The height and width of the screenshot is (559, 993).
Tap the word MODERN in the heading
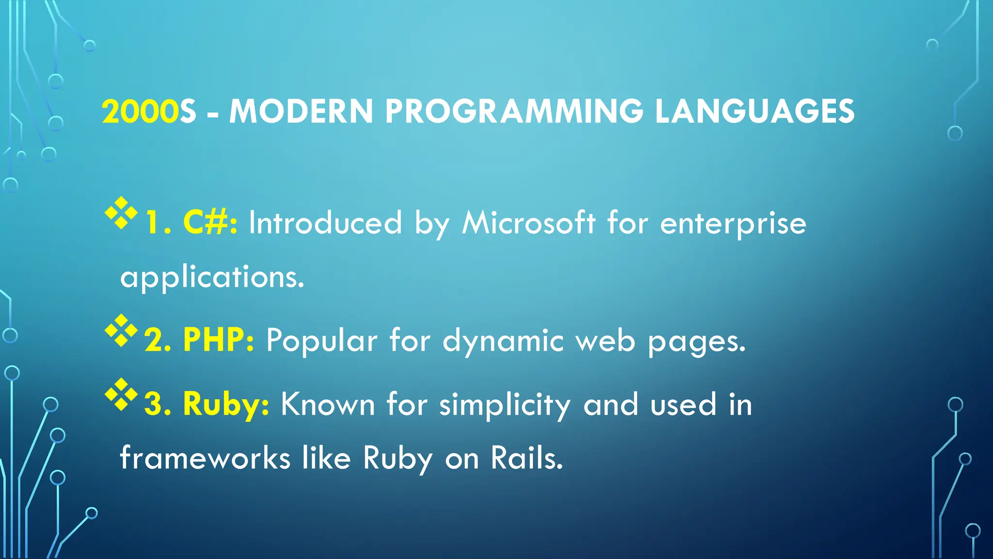coord(301,112)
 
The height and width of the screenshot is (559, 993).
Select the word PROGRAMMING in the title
coord(514,112)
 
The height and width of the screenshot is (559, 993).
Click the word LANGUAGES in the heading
coord(754,112)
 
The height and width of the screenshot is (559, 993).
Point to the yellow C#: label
coord(210,223)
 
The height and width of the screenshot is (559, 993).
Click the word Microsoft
coord(529,223)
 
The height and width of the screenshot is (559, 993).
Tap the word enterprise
coord(733,224)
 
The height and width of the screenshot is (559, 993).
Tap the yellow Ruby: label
coord(226,404)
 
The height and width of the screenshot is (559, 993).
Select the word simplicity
coord(505,405)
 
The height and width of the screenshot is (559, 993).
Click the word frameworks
coord(205,458)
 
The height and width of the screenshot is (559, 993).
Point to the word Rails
coord(527,458)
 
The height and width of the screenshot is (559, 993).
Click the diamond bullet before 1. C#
coord(121,213)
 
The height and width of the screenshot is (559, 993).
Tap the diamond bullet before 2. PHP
coord(121,330)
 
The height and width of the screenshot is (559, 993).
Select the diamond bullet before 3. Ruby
coord(121,394)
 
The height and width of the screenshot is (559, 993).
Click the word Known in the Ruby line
coord(328,404)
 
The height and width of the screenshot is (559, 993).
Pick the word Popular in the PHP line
coord(321,341)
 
